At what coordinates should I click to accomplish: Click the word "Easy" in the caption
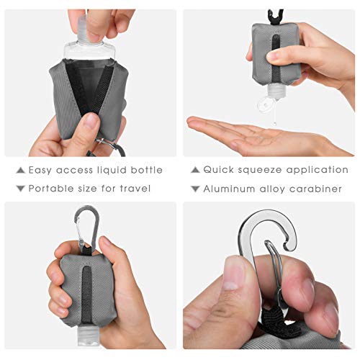click(x=42, y=171)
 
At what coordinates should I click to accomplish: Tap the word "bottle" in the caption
click(x=146, y=171)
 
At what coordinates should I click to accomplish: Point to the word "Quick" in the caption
click(x=220, y=171)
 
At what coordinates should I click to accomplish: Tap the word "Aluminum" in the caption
click(x=231, y=189)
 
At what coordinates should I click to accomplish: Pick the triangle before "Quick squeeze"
click(x=195, y=171)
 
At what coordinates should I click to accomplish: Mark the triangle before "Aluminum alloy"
click(x=195, y=189)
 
